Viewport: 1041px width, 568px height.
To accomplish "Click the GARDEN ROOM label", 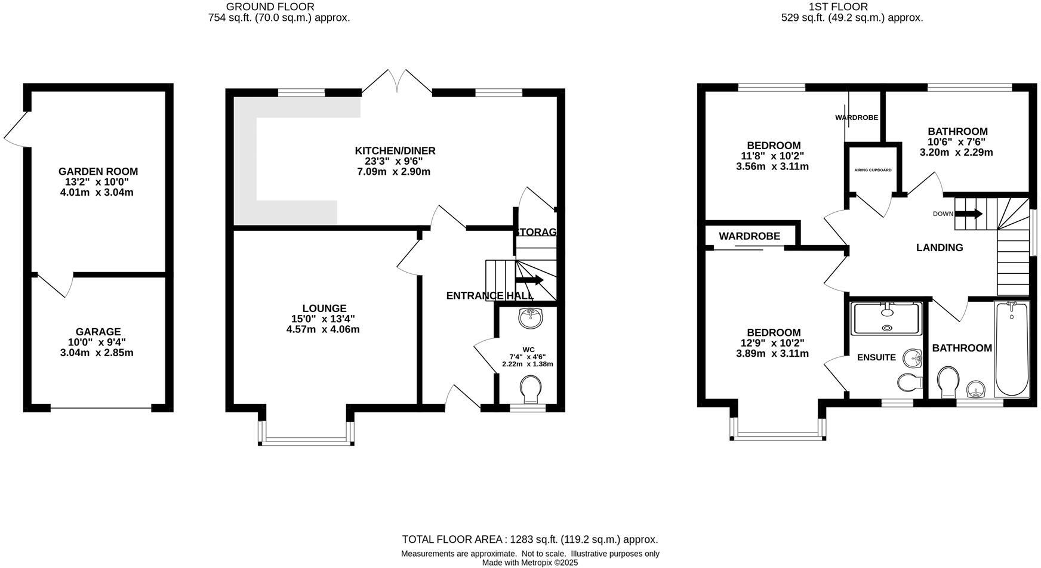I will click(x=98, y=172).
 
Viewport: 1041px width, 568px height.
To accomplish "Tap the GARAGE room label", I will click(x=98, y=332).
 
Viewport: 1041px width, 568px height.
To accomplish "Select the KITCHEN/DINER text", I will click(x=395, y=151).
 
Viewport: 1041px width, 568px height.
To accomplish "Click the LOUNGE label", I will click(x=324, y=308).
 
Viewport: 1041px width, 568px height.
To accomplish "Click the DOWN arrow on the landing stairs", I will click(x=970, y=214).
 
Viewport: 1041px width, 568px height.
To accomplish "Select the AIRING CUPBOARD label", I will click(x=873, y=170).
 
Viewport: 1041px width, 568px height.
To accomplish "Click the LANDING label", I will click(x=940, y=248).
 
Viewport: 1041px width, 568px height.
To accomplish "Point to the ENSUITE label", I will click(x=876, y=357).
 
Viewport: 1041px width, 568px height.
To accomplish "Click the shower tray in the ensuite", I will click(x=887, y=319).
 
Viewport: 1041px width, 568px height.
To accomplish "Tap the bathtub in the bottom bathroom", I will click(x=1011, y=349).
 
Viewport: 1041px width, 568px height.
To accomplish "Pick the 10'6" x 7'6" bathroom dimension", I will click(x=956, y=142).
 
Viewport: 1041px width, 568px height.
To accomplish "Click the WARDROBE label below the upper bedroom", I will click(x=749, y=236).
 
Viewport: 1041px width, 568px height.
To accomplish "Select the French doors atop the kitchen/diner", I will click(x=397, y=82).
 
